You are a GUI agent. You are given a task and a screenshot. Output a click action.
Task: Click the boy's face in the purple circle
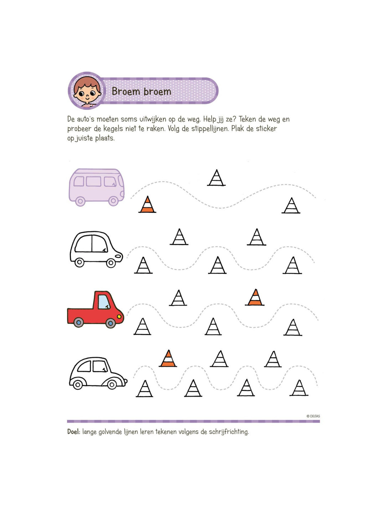[87, 91]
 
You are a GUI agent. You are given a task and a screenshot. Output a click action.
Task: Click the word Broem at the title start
[125, 91]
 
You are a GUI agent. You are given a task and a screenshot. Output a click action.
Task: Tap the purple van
[96, 187]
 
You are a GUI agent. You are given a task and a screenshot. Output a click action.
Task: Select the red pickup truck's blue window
[104, 302]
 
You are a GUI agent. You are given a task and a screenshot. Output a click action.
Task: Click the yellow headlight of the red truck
[119, 317]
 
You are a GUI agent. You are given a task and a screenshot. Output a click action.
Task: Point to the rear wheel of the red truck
[79, 322]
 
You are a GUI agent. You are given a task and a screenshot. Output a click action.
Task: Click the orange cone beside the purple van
[147, 204]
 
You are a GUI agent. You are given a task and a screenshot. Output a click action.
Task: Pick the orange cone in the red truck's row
[255, 297]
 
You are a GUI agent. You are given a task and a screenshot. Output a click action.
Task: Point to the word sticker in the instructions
[266, 129]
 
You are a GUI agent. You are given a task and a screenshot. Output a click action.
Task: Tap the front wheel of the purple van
[113, 200]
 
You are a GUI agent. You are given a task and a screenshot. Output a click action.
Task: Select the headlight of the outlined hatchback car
[119, 256]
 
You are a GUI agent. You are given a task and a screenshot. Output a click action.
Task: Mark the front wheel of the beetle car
[112, 384]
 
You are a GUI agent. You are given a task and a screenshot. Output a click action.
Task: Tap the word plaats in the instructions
[105, 138]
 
